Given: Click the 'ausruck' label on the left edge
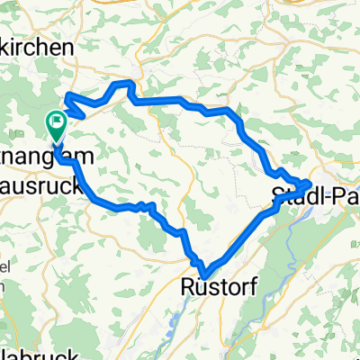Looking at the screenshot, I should pos(40,188).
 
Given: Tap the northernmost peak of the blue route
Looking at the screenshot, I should pos(126,83).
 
